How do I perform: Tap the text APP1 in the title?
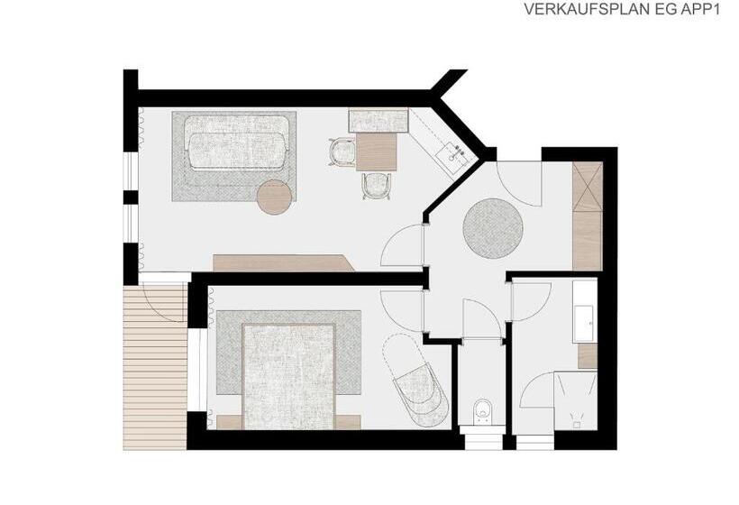tap(701, 9)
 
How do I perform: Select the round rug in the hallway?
tap(492, 229)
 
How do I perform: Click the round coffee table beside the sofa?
tap(275, 197)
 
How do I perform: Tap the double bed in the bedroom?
tap(288, 377)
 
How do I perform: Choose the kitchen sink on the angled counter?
tap(453, 153)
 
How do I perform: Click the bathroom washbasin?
tap(583, 324)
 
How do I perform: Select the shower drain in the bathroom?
tap(577, 425)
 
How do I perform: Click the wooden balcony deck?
tap(155, 366)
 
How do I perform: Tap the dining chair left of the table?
tap(342, 151)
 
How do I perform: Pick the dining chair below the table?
tap(377, 186)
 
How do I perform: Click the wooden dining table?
tap(377, 151)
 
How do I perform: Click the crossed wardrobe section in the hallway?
tap(588, 188)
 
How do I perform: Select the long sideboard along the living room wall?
tap(284, 263)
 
